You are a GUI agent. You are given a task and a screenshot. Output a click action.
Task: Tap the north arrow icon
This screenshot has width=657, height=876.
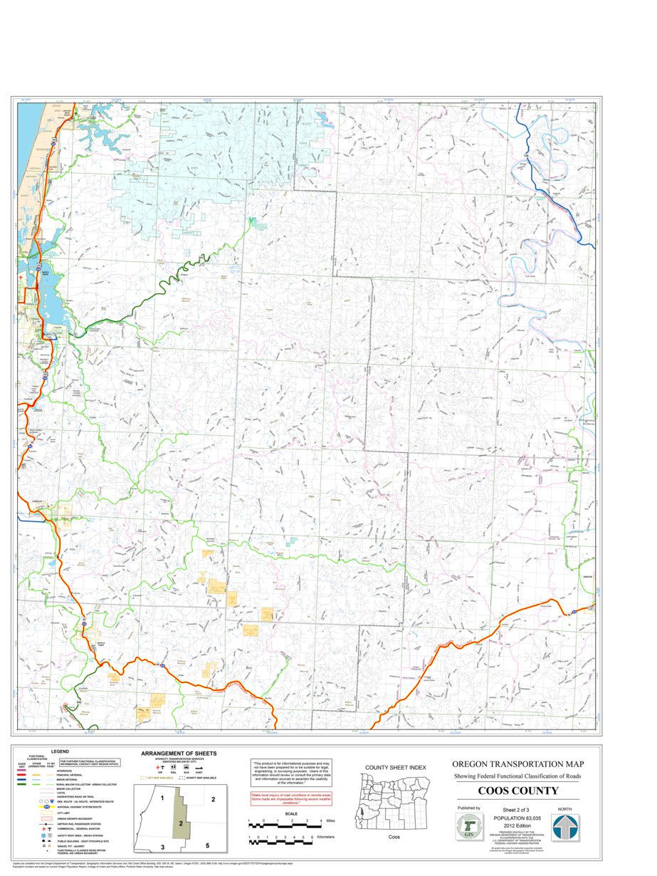coord(566,828)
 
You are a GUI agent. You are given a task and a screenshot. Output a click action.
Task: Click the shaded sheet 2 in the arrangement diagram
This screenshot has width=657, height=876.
coord(182,823)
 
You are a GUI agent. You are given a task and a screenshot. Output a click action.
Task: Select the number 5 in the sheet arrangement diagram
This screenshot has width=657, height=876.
coord(208,845)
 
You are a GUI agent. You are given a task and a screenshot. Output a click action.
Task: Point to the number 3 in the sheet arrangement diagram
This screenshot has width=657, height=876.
coord(163,846)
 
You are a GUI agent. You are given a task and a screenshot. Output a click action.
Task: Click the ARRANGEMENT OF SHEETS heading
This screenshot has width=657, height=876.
coord(179,754)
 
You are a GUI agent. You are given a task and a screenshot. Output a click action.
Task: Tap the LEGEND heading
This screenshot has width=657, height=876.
coord(60,751)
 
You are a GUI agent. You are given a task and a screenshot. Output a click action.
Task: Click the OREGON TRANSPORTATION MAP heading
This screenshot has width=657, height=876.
coord(517,763)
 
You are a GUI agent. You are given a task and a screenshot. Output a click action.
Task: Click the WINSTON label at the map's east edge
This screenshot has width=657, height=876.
coord(587,577)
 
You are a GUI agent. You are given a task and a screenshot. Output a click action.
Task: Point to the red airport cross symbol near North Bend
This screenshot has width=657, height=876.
coord(21,278)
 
